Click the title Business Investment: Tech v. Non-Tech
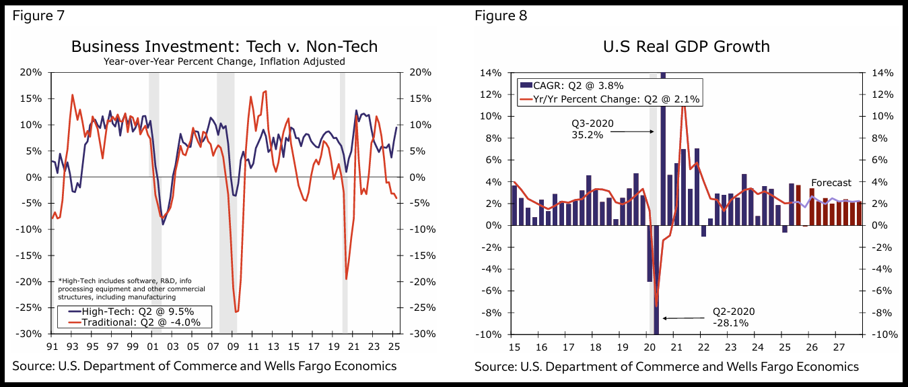pyautogui.click(x=224, y=46)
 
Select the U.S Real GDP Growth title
pyautogui.click(x=688, y=46)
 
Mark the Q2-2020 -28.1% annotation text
pyautogui.click(x=734, y=317)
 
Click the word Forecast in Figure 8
pyautogui.click(x=831, y=183)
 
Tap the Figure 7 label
pyautogui.click(x=38, y=16)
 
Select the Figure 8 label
pyautogui.click(x=501, y=16)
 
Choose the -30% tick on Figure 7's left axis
pyautogui.click(x=31, y=334)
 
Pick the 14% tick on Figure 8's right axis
pyautogui.click(x=881, y=72)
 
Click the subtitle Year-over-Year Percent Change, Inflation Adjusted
pyautogui.click(x=224, y=61)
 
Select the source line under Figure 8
pyautogui.click(x=666, y=367)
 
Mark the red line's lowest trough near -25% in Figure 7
pyautogui.click(x=236, y=311)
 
